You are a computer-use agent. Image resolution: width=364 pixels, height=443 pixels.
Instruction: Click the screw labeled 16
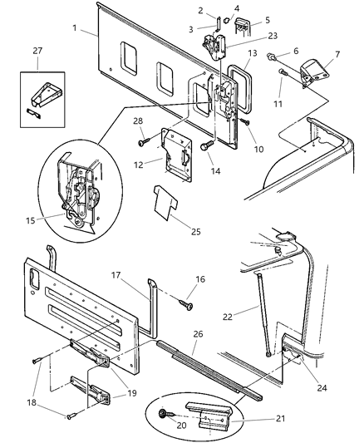[x=188, y=306]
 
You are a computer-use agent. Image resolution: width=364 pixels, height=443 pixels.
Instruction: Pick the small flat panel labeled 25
[x=167, y=201]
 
